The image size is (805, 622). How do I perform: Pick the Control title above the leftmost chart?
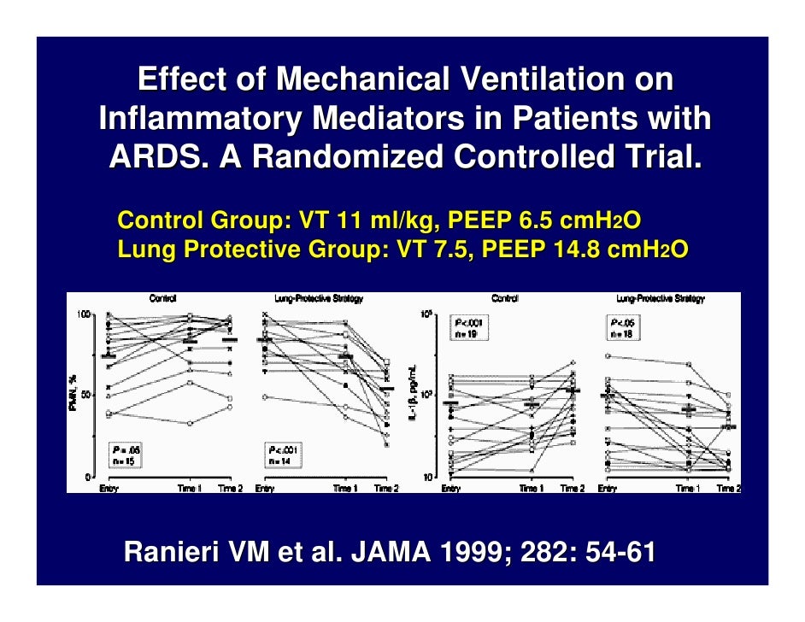162,299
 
